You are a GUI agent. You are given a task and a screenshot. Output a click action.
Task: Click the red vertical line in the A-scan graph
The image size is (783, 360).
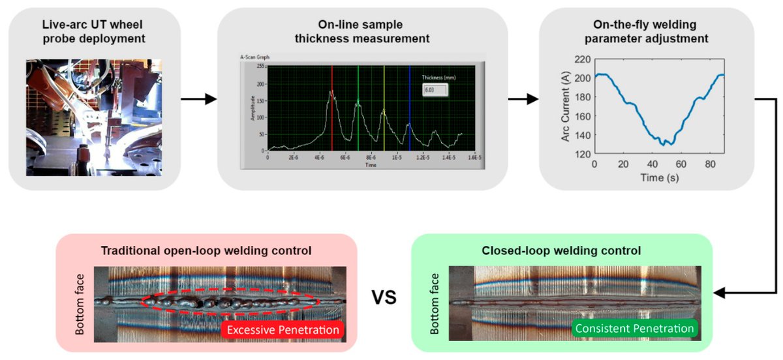click(332, 111)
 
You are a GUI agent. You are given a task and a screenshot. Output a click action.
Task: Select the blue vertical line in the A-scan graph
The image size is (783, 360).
click(409, 111)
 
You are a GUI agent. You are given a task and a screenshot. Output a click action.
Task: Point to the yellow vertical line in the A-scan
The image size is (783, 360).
click(384, 111)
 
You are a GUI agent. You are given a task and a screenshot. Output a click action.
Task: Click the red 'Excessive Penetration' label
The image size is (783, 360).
click(283, 330)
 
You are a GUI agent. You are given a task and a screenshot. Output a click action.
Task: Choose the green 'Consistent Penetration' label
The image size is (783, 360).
click(634, 329)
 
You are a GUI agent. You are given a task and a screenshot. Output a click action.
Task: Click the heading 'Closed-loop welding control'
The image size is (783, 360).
click(560, 250)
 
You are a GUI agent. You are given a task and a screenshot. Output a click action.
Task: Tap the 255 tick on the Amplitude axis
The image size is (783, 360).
click(260, 66)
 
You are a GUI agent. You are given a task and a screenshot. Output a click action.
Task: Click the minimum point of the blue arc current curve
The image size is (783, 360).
click(663, 144)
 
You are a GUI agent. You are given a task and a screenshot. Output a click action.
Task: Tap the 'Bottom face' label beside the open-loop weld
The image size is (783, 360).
click(81, 305)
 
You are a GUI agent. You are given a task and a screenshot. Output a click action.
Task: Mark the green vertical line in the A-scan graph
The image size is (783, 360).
click(358, 111)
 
